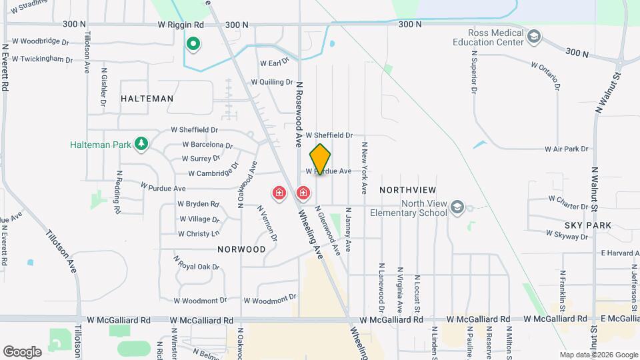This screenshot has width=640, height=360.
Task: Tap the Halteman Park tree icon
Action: pos(141,143)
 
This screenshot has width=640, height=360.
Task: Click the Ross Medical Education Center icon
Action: pos(533,37)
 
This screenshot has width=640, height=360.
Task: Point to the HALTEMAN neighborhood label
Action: pos(147,99)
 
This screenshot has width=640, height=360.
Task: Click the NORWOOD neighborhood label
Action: pos(241,249)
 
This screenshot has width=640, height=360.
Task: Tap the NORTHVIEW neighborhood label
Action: pos(407,190)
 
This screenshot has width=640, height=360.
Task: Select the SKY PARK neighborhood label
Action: pos(587,226)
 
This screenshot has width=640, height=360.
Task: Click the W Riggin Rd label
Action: pos(181,25)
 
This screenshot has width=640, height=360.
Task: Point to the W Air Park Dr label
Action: pos(567,149)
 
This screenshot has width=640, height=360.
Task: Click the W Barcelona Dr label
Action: pos(207,145)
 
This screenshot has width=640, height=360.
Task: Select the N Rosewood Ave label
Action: pos(299,113)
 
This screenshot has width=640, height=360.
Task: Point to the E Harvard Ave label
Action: pos(620,253)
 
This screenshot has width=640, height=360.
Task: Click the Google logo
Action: pos(23,351)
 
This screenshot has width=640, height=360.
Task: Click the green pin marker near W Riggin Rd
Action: pos(193,45)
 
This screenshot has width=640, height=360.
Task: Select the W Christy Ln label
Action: pos(198,234)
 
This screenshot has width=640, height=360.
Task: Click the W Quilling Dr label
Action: pos(271,83)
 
